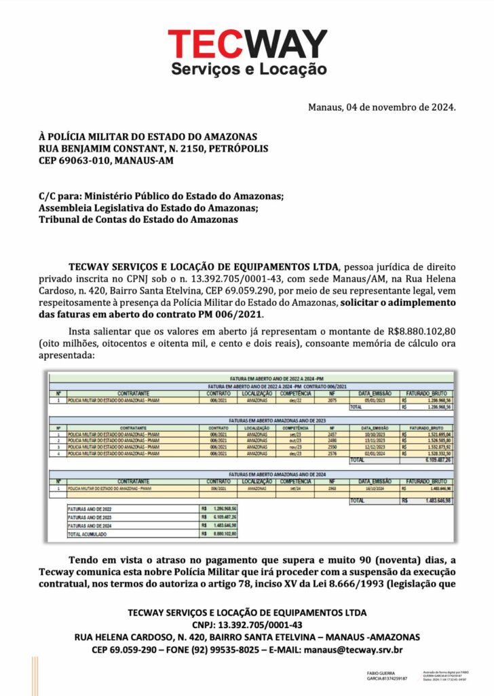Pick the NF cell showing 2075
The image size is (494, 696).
tap(330, 401)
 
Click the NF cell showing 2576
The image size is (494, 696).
tap(331, 453)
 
